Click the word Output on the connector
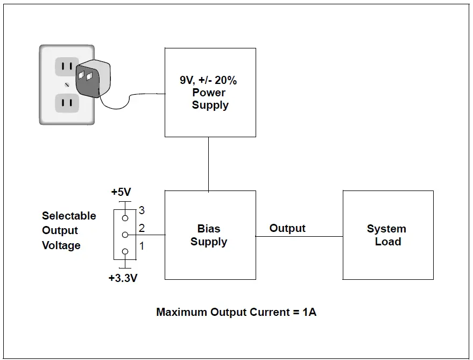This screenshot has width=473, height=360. tap(287, 228)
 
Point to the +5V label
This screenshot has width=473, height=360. tap(122, 192)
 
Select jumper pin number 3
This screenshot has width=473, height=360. tap(142, 210)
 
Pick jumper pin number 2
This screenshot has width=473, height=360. tap(142, 228)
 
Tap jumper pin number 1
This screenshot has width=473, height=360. tap(142, 246)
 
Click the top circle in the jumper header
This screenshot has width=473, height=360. tap(125, 218)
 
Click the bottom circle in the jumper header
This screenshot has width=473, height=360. tap(125, 252)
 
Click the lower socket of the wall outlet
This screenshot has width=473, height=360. tap(67, 102)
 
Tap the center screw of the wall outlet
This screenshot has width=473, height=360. tap(67, 84)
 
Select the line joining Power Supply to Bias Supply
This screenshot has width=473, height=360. tap(209, 164)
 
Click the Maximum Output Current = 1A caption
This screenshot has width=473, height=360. tap(236, 312)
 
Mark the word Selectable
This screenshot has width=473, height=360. tap(69, 216)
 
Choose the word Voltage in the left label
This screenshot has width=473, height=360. tap(61, 245)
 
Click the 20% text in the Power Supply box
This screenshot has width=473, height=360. tap(226, 80)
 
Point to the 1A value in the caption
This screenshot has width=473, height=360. tap(309, 312)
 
